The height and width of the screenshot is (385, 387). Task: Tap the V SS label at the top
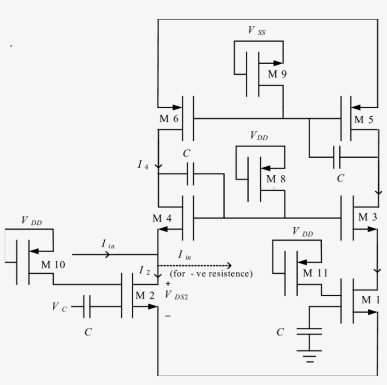pyautogui.click(x=259, y=31)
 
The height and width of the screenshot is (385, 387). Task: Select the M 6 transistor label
pyautogui.click(x=168, y=119)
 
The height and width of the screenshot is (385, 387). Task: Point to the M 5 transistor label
pyautogui.click(x=364, y=120)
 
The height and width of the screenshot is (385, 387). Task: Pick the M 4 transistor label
pyautogui.click(x=162, y=219)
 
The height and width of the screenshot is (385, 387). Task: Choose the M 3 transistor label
pyautogui.click(x=368, y=217)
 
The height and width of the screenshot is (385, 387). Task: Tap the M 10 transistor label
pyautogui.click(x=53, y=265)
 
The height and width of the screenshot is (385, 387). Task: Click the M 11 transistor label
pyautogui.click(x=314, y=274)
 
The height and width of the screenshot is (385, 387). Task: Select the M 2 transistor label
pyautogui.click(x=145, y=296)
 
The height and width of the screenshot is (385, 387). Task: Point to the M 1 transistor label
pyautogui.click(x=370, y=300)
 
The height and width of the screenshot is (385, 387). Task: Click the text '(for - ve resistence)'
pyautogui.click(x=211, y=274)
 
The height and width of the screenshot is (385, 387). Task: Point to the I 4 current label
pyautogui.click(x=143, y=164)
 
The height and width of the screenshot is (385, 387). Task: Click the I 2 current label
pyautogui.click(x=144, y=270)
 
